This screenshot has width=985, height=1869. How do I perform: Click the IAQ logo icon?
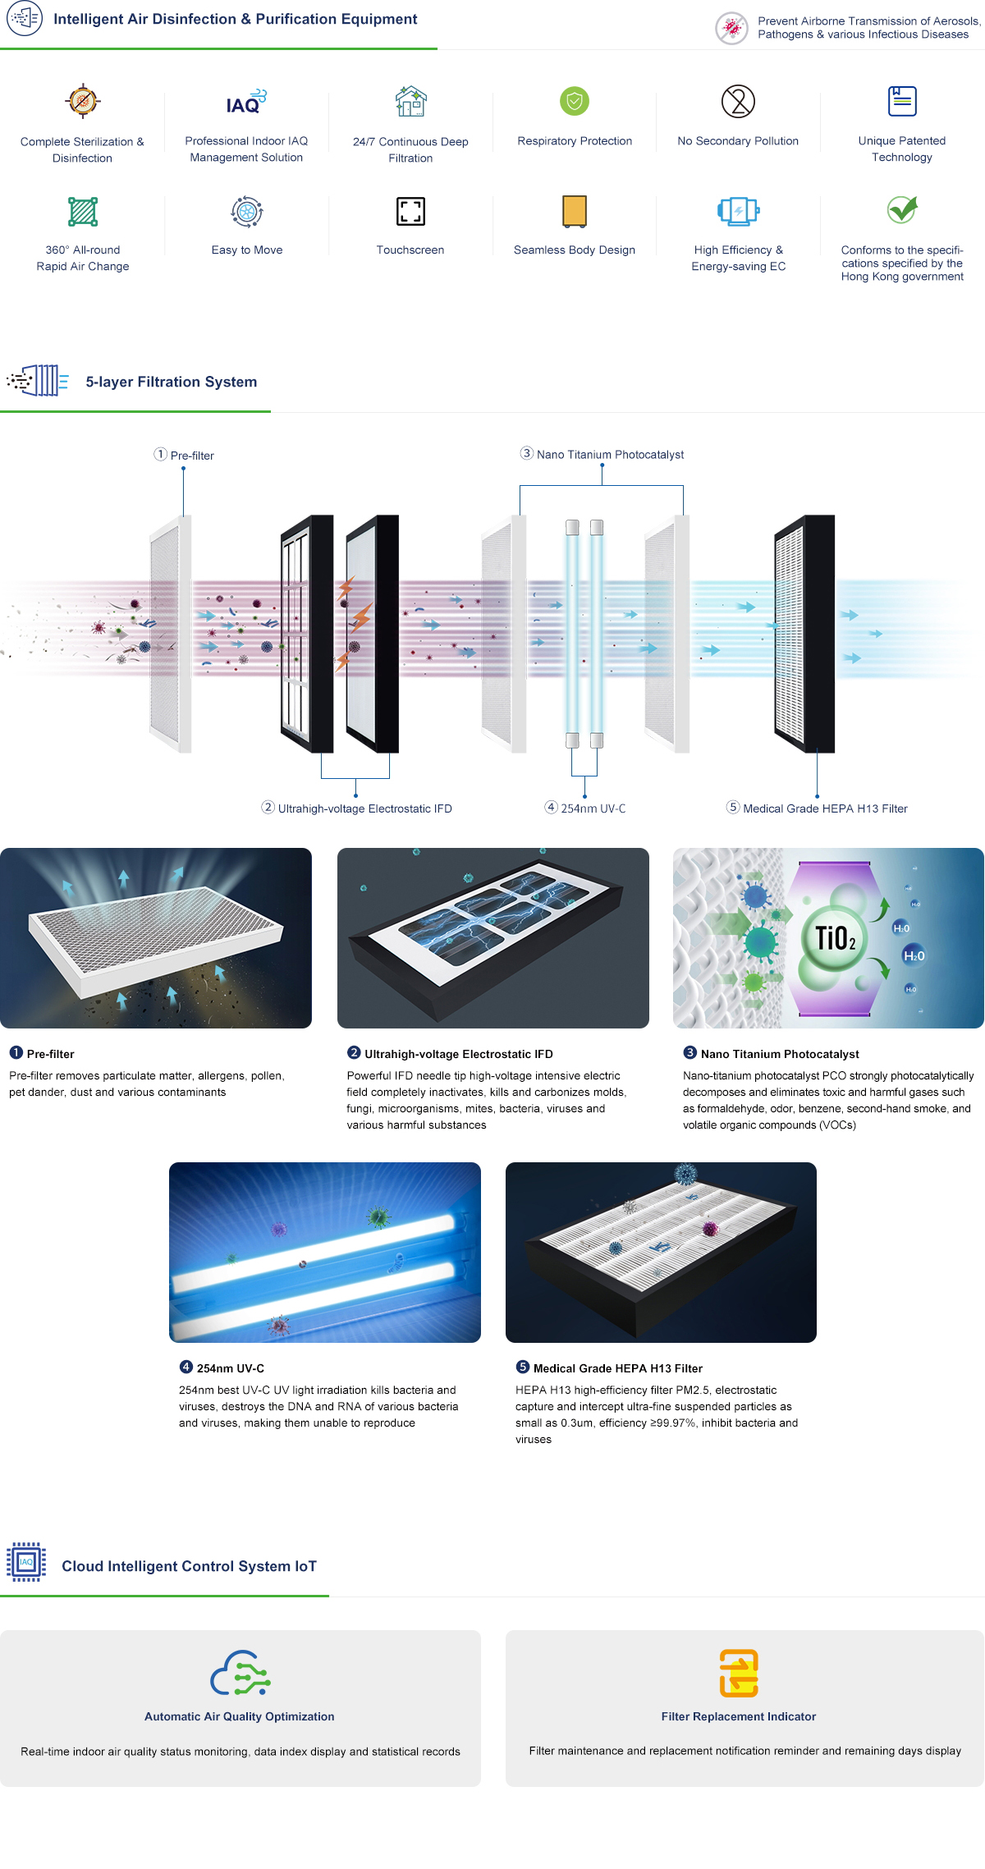246,102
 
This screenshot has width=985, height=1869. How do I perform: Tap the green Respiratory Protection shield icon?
575,101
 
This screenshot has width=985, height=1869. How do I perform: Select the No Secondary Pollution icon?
738,101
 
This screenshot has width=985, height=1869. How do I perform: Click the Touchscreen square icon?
410,211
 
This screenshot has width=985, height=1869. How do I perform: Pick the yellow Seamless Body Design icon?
575,211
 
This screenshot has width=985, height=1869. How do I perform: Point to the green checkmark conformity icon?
902,210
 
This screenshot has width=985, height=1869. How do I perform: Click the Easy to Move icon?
247,211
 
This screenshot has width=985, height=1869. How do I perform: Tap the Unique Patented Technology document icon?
902,101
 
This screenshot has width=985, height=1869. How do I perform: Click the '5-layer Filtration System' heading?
172,382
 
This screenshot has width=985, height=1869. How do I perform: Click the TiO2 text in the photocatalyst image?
836,937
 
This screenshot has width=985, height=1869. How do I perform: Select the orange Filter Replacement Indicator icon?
739,1673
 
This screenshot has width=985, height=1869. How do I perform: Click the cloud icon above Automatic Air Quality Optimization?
241,1673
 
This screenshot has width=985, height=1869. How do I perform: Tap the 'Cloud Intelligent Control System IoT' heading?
189,1566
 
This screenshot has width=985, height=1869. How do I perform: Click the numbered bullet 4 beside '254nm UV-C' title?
186,1367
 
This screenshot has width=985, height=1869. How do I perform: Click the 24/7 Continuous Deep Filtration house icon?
410,102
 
